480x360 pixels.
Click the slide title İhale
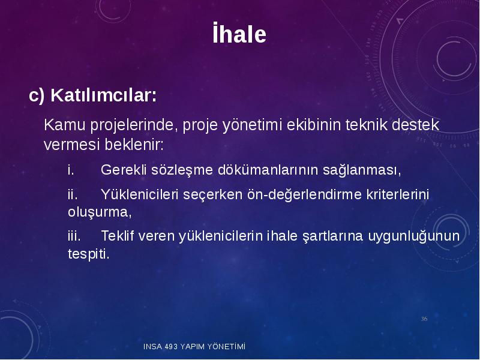[239, 33]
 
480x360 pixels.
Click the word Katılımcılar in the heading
[103, 95]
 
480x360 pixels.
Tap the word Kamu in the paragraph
[65, 125]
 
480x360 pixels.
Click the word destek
[416, 125]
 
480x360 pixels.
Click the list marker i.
[71, 170]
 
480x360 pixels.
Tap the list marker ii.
[73, 194]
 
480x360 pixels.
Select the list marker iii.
[74, 236]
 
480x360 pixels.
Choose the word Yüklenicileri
[140, 194]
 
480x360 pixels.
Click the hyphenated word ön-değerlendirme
[304, 195]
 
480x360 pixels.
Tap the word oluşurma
[100, 212]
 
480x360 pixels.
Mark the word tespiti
[88, 254]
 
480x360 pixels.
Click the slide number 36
[424, 319]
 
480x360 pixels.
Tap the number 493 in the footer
[171, 347]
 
